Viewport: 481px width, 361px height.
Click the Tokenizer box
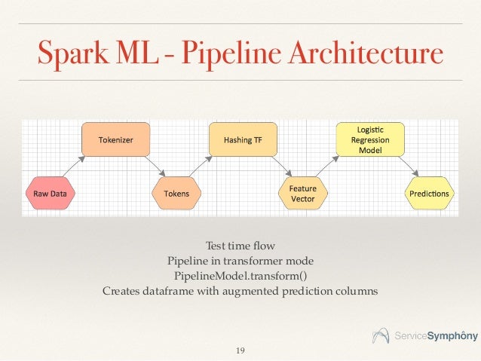pyautogui.click(x=115, y=139)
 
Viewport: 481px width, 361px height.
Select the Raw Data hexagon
pyautogui.click(x=51, y=194)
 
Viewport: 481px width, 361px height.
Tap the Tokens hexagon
pyautogui.click(x=177, y=194)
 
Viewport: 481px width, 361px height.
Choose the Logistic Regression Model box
pyautogui.click(x=370, y=139)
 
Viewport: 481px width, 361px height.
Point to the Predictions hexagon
pyautogui.click(x=429, y=194)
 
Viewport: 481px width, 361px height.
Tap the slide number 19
pyautogui.click(x=240, y=350)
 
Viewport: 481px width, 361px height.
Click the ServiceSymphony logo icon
pyautogui.click(x=383, y=335)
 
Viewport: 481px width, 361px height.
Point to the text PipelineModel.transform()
pyautogui.click(x=240, y=274)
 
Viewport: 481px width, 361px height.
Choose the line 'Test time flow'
pyautogui.click(x=240, y=246)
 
